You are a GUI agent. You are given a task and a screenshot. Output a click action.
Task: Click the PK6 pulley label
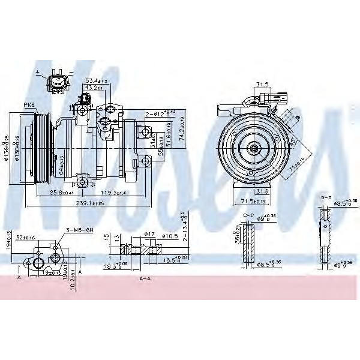pyautogui.click(x=29, y=106)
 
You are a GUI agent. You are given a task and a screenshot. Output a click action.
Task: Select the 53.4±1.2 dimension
pyautogui.click(x=96, y=80)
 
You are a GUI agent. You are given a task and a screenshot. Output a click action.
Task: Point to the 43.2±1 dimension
pyautogui.click(x=93, y=88)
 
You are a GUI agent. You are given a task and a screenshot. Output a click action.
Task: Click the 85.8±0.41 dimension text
pyautogui.click(x=62, y=193)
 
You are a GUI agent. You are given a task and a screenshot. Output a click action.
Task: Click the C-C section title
pyautogui.click(x=248, y=214)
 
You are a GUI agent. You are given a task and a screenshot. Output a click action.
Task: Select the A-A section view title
pyautogui.click(x=145, y=279)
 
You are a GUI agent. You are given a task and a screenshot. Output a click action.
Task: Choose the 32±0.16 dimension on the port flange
pyautogui.click(x=26, y=238)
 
